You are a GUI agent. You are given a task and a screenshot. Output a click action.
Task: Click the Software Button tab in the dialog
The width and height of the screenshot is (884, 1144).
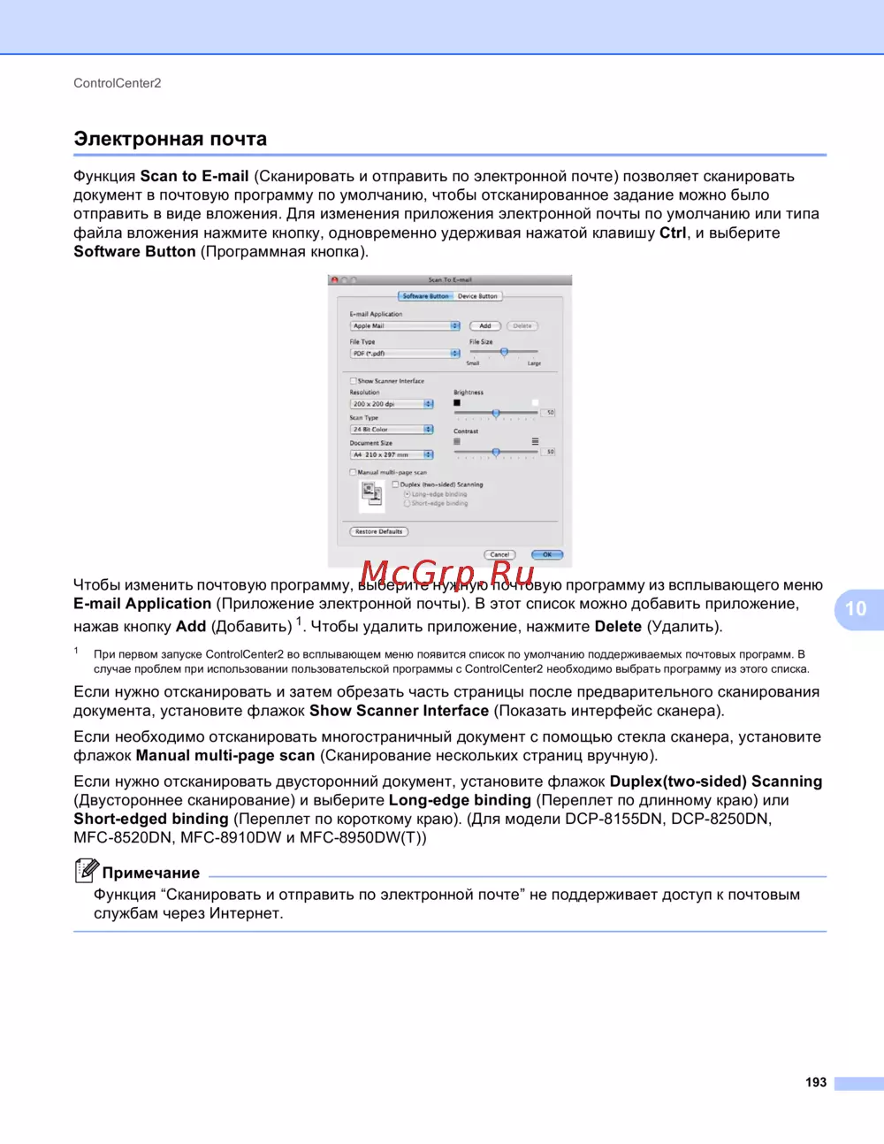tap(425, 296)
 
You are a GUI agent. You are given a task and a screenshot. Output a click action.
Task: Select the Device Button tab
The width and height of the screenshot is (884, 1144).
tap(477, 296)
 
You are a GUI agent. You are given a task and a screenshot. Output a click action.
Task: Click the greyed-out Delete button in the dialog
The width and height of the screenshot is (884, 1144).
tap(522, 326)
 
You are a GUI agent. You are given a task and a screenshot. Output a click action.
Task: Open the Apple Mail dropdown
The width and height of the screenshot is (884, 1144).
tap(405, 326)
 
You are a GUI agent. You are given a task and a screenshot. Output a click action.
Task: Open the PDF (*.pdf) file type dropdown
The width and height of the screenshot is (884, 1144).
tap(405, 354)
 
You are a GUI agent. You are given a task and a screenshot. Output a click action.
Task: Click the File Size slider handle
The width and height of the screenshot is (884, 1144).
tap(504, 352)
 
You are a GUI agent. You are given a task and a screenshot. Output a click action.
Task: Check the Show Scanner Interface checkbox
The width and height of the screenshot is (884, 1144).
tap(354, 381)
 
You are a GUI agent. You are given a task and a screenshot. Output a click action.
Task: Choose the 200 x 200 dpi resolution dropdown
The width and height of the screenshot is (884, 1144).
tap(392, 404)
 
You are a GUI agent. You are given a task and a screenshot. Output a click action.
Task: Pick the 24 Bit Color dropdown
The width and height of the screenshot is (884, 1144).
tap(392, 430)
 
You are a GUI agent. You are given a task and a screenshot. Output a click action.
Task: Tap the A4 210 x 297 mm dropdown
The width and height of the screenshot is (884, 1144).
tap(392, 455)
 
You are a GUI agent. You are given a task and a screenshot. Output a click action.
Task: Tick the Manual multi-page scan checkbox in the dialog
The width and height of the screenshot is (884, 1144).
tap(354, 472)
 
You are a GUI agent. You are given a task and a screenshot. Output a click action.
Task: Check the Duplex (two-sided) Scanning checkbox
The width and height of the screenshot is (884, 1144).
tap(396, 484)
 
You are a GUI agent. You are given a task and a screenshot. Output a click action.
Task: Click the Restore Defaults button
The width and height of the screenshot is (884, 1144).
tap(378, 532)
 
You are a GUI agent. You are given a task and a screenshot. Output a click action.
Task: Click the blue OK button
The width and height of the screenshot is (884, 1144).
tap(547, 555)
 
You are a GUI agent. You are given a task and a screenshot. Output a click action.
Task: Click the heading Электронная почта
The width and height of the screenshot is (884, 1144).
tap(170, 139)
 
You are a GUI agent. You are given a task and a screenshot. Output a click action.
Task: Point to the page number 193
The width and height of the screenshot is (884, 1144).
tap(816, 1082)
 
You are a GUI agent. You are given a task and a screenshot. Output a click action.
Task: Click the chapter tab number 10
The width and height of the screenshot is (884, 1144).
tap(856, 608)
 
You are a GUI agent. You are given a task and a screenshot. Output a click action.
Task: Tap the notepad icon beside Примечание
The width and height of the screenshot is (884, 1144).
tap(86, 871)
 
